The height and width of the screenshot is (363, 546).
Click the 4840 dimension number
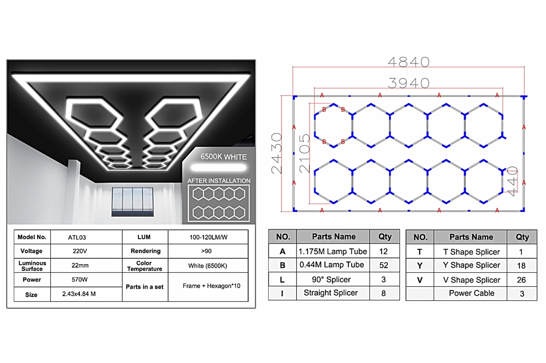(x=409, y=62)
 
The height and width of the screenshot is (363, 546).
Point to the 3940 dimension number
(x=409, y=83)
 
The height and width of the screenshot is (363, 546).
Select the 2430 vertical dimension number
(x=277, y=153)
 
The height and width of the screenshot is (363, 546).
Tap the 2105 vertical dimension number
(x=304, y=153)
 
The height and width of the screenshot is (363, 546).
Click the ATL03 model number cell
(x=77, y=237)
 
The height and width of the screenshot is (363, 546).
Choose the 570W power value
(x=79, y=280)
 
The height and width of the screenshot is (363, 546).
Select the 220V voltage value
(x=80, y=251)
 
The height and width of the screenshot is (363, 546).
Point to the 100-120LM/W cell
(x=208, y=237)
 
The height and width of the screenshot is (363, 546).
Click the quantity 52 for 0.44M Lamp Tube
(x=384, y=265)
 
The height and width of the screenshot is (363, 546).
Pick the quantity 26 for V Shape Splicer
(x=521, y=280)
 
